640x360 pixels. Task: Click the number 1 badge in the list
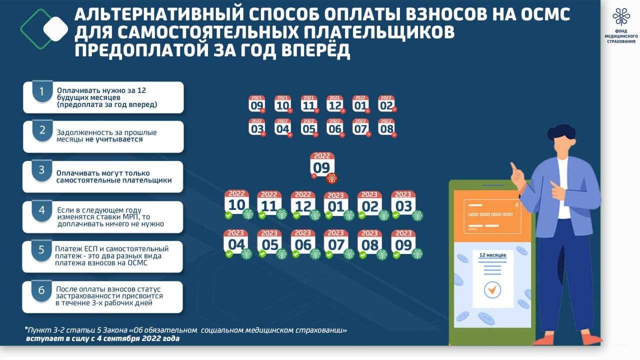pos(42,91)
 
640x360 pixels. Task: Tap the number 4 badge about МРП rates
pos(42,210)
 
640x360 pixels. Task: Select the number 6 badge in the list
pos(42,290)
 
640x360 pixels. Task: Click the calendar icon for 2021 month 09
pos(256,103)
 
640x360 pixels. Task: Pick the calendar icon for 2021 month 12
pos(334,103)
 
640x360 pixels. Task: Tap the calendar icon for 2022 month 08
pos(386,127)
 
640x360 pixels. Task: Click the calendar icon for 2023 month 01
pos(335,203)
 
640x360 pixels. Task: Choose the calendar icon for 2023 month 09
pos(403,242)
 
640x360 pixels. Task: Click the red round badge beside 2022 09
pos(331,177)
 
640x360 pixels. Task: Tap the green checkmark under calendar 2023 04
pos(229,254)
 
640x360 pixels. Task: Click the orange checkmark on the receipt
pos(492,288)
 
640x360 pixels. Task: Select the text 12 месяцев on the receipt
pos(492,255)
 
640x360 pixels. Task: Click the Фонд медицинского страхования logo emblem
pos(621,17)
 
